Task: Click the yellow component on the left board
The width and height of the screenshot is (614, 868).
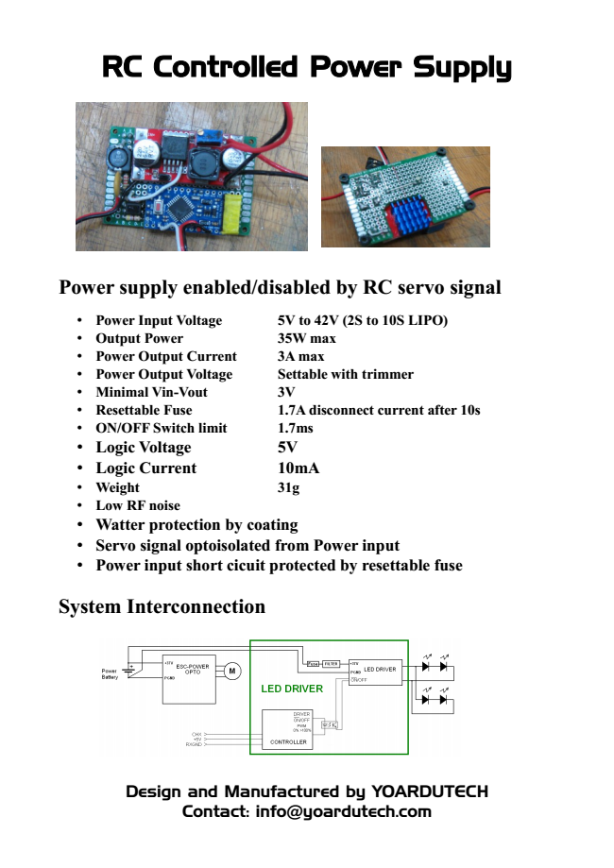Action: click(x=231, y=213)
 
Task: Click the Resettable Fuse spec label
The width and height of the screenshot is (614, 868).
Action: click(x=144, y=410)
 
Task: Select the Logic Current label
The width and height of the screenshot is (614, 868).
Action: click(x=145, y=468)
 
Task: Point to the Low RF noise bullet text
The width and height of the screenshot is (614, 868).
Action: click(x=138, y=505)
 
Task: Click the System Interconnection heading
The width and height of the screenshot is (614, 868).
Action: click(x=162, y=606)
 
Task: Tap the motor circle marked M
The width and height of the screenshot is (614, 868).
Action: click(x=231, y=672)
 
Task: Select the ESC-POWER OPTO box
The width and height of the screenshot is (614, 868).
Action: click(x=192, y=677)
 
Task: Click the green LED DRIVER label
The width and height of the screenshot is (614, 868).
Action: click(x=292, y=689)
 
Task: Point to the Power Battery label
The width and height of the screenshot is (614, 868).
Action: click(x=111, y=673)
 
